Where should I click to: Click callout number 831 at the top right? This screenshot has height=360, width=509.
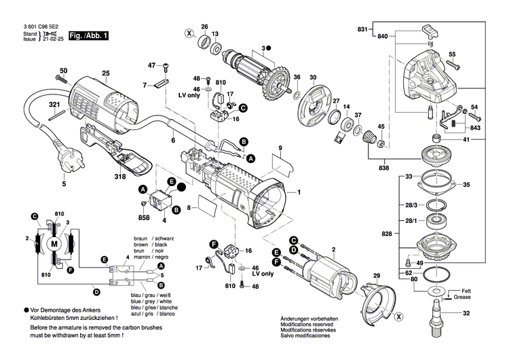click(x=362, y=29)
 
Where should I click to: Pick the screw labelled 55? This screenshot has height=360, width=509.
click(x=455, y=66)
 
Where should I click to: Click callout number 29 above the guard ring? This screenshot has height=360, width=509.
click(x=377, y=276)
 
